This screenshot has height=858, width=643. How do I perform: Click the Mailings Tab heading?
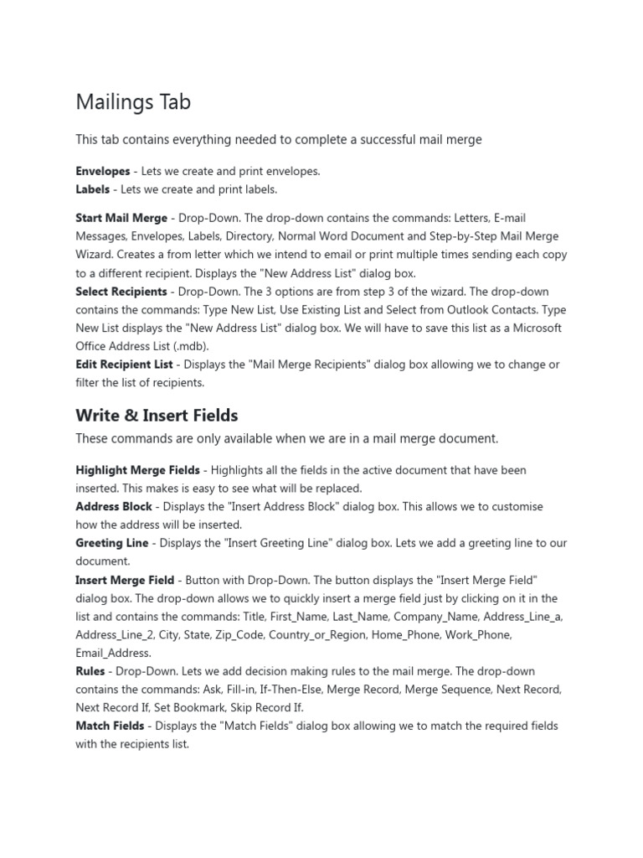[x=133, y=102]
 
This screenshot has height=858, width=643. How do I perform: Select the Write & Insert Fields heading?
[x=157, y=416]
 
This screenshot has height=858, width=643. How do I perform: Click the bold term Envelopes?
[x=103, y=171]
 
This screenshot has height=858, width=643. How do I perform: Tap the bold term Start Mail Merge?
[x=121, y=219]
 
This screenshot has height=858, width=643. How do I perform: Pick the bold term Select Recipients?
[x=121, y=292]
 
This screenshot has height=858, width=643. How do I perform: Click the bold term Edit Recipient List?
[x=124, y=364]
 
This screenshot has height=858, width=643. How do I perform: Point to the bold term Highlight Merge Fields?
[x=137, y=470]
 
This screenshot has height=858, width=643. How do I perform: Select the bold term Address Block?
[x=114, y=507]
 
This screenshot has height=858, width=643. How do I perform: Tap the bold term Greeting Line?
[x=112, y=543]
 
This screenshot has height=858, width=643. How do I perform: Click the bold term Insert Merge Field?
[x=125, y=580]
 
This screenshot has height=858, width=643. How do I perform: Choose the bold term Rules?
[x=90, y=671]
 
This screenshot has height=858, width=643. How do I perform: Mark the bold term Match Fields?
[x=110, y=726]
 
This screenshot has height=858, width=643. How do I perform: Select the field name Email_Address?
[x=113, y=653]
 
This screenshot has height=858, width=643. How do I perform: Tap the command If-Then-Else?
[x=289, y=690]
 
